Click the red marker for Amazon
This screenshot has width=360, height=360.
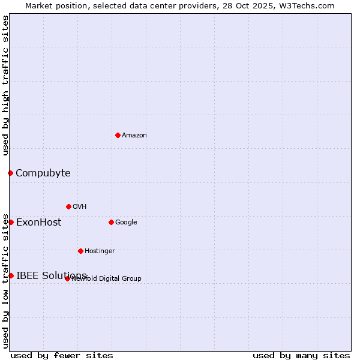[118, 135]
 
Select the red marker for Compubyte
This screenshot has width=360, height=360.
[10, 173]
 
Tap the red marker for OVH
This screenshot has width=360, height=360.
[68, 206]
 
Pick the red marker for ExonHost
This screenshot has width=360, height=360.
[11, 222]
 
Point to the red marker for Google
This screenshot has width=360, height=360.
[111, 222]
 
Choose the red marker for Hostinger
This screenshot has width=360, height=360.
[80, 251]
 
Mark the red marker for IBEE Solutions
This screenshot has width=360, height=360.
[11, 275]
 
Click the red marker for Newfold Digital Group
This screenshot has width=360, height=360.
[67, 278]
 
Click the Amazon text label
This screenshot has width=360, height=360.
[134, 135]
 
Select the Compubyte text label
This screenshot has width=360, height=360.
[43, 173]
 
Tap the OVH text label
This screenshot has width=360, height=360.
[80, 206]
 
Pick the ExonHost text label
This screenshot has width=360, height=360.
[38, 223]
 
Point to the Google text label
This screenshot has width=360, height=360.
[126, 222]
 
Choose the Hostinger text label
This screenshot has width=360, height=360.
[100, 251]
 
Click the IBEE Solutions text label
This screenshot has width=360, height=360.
[52, 275]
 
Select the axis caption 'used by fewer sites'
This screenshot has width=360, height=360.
[62, 355]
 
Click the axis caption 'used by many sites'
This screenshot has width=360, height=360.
[301, 355]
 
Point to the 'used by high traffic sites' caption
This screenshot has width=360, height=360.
[5, 85]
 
